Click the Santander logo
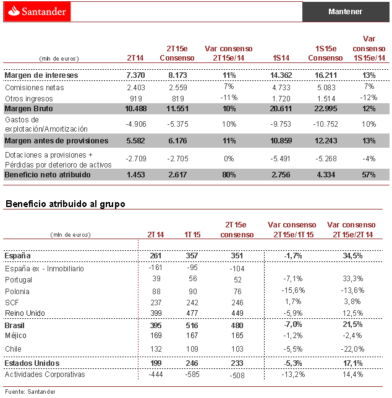point(36,11)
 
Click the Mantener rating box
point(345,11)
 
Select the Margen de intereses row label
point(41,75)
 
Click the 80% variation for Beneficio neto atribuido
point(229,175)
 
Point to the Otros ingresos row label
point(29,98)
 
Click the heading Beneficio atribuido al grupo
point(65,203)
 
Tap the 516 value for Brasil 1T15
point(193,324)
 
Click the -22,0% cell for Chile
point(352,349)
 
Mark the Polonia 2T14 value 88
point(155,291)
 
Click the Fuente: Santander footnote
point(30,391)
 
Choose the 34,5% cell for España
point(352,255)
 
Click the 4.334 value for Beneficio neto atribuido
point(325,175)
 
